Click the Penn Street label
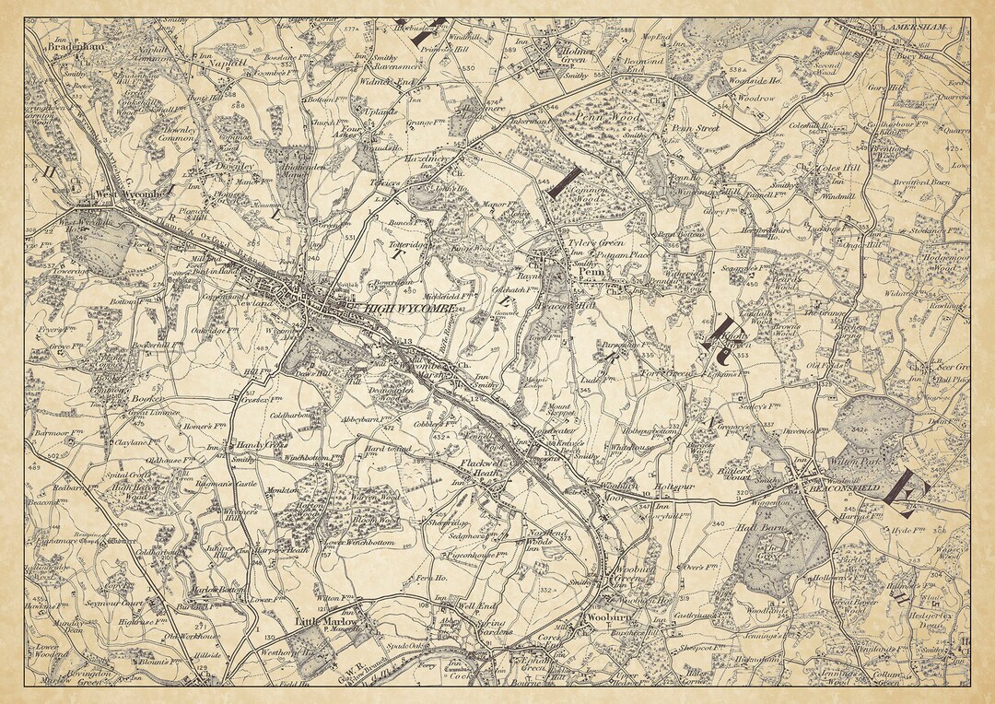point(695,129)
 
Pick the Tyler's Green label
point(595,242)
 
